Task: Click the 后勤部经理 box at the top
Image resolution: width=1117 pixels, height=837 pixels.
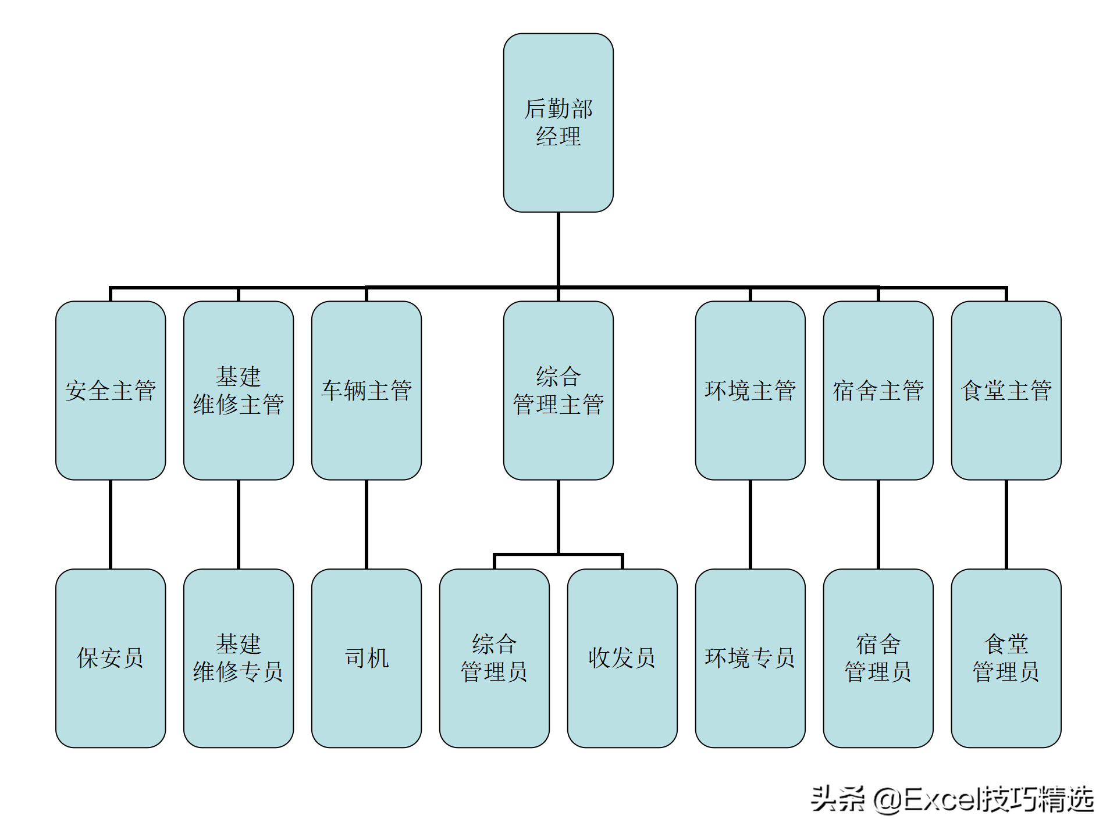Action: pyautogui.click(x=558, y=123)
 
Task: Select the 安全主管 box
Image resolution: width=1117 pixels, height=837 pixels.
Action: pyautogui.click(x=111, y=390)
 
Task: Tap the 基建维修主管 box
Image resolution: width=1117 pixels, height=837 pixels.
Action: pyautogui.click(x=239, y=390)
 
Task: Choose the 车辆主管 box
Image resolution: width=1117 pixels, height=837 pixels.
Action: pyautogui.click(x=367, y=390)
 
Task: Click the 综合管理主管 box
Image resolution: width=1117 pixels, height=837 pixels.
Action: pyautogui.click(x=558, y=390)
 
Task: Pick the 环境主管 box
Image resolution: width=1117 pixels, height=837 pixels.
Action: pyautogui.click(x=750, y=390)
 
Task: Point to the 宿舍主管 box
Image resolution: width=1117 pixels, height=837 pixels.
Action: pyautogui.click(x=878, y=390)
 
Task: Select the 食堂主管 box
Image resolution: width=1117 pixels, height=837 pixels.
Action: pyautogui.click(x=1006, y=390)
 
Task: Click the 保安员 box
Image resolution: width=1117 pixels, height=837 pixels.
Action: pyautogui.click(x=111, y=658)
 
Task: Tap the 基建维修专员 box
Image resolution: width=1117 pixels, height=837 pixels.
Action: pyautogui.click(x=239, y=658)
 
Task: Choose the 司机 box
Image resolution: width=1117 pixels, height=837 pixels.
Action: pyautogui.click(x=367, y=658)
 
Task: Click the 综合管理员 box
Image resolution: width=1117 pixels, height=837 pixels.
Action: pyautogui.click(x=494, y=658)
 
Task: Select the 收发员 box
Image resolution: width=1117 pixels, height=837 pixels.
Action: pyautogui.click(x=622, y=658)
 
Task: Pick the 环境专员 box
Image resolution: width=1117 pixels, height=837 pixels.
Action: pyautogui.click(x=750, y=658)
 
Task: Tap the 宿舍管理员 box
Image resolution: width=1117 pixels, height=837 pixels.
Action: pyautogui.click(x=878, y=658)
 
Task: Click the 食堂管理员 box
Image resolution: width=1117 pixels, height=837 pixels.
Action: pyautogui.click(x=1006, y=658)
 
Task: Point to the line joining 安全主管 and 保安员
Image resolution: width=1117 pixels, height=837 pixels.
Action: pyautogui.click(x=111, y=524)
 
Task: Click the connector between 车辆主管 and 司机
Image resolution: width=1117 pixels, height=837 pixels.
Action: pyautogui.click(x=367, y=524)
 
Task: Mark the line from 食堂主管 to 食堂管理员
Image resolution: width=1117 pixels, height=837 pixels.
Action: pyautogui.click(x=1006, y=524)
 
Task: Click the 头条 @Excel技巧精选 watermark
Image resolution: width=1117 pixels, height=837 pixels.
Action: pyautogui.click(x=952, y=800)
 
